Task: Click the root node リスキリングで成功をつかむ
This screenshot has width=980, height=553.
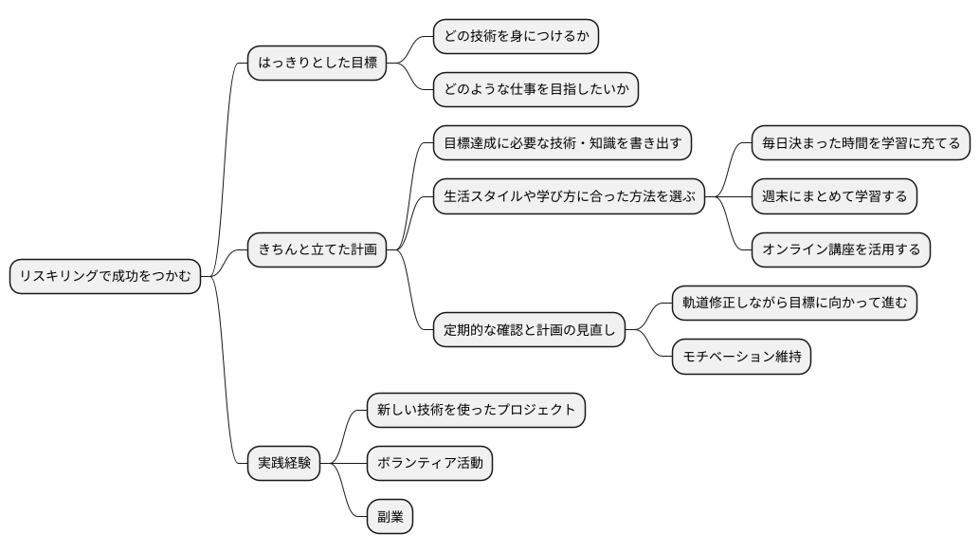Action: pos(105,277)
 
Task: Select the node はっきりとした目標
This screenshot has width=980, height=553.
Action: pos(318,64)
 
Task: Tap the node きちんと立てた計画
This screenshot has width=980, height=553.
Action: pos(318,250)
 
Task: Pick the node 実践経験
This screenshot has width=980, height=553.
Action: pos(284,464)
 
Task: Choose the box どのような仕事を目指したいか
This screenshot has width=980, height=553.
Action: pos(535,90)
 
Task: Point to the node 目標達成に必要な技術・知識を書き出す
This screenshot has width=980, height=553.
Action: pos(562,143)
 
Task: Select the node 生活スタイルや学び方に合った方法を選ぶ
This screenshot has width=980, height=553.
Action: pos(569,197)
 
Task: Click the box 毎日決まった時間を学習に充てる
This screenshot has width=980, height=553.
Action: pos(861,143)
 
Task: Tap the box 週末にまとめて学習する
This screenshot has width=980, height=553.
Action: pos(834,197)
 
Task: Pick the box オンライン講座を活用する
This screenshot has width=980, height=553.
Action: pos(841,250)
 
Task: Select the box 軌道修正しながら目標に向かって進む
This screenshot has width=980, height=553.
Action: pos(794,304)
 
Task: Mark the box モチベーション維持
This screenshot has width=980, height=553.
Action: pos(741,358)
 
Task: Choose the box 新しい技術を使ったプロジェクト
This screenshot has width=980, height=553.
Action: pos(476,410)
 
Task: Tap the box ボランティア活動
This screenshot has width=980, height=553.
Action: pos(429,464)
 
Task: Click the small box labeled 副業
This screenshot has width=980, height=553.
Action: pos(390,518)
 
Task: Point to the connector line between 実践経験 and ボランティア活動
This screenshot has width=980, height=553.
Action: pos(344,464)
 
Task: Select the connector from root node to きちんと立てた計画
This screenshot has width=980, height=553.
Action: pos(227,262)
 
